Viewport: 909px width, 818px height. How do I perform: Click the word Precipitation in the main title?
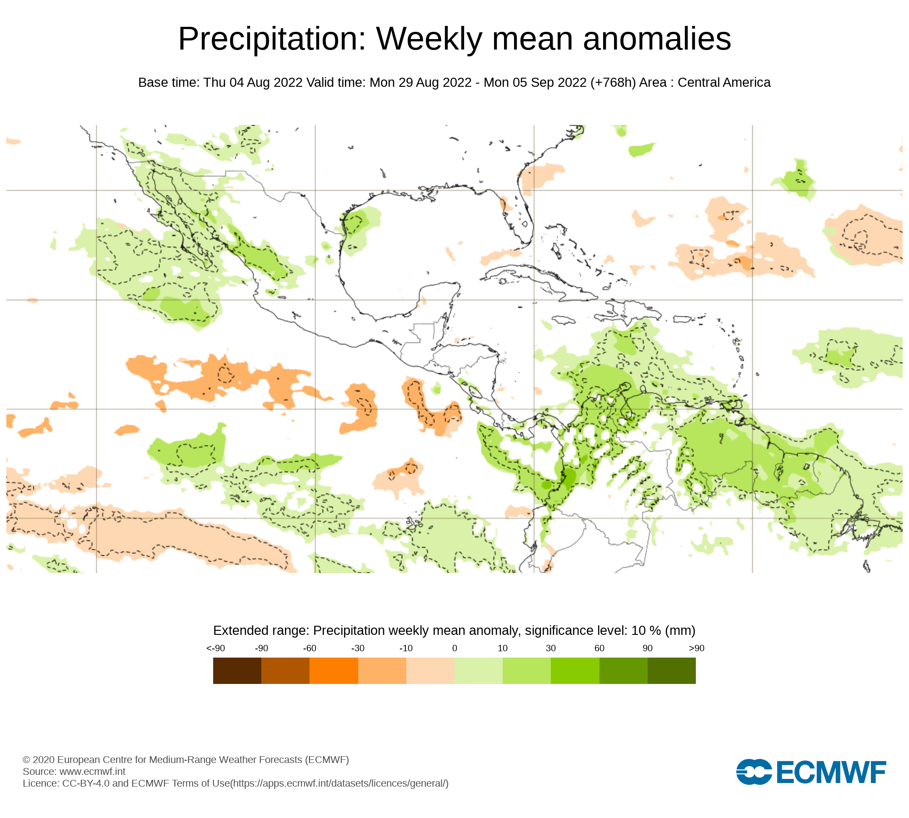(x=272, y=39)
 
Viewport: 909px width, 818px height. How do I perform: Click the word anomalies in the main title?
(x=657, y=39)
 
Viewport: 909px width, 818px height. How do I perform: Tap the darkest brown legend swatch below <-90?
(x=237, y=671)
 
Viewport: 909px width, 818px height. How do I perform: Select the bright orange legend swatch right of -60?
(x=334, y=671)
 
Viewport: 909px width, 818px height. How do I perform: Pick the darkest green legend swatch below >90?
(x=671, y=671)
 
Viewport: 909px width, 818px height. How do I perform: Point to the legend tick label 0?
(x=454, y=648)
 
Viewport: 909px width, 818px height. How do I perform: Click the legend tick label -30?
(x=358, y=648)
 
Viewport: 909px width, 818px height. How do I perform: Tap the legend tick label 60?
(x=599, y=648)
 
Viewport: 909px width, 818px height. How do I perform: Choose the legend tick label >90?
(x=696, y=648)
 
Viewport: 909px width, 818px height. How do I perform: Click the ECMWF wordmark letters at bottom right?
(x=831, y=772)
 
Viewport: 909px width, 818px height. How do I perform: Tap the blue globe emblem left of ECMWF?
(x=754, y=772)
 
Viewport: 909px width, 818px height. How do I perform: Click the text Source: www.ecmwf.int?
(x=74, y=771)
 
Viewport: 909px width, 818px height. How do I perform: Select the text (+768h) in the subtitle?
(x=613, y=83)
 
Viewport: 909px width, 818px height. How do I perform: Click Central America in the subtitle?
(x=724, y=83)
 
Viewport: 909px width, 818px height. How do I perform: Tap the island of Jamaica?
(x=564, y=320)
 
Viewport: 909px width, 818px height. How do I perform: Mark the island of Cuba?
(x=536, y=277)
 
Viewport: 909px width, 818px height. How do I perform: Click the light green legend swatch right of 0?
(x=478, y=671)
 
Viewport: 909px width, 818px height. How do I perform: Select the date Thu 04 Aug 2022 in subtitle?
(x=253, y=83)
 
